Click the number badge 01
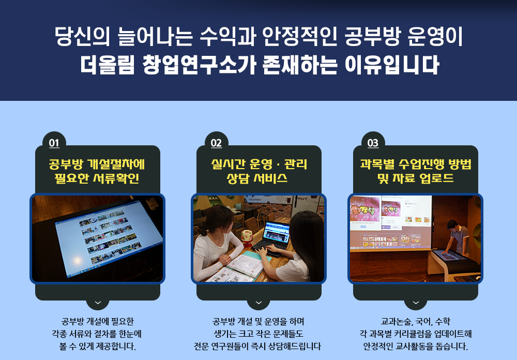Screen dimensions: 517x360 coord(54,143)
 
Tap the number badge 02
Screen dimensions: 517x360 coord(216,143)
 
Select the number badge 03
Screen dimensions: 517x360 coord(373,143)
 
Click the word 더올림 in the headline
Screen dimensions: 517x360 coord(108,64)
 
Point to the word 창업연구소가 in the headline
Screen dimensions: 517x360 coord(199,64)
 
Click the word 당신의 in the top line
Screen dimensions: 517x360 coord(82,36)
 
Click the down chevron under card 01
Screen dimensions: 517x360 coord(98,303)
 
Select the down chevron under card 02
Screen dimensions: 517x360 coord(258,303)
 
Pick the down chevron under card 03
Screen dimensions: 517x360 coord(416,303)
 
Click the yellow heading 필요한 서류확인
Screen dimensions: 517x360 coord(97,178)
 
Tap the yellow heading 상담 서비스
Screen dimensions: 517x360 coord(257,178)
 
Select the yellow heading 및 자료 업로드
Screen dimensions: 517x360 coord(416,178)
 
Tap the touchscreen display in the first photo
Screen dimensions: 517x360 coord(109,237)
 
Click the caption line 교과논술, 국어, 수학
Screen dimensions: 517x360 coord(416,321)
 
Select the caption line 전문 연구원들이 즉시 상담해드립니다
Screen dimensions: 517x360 coord(257,347)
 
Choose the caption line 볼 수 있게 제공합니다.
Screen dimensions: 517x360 coord(97,347)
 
